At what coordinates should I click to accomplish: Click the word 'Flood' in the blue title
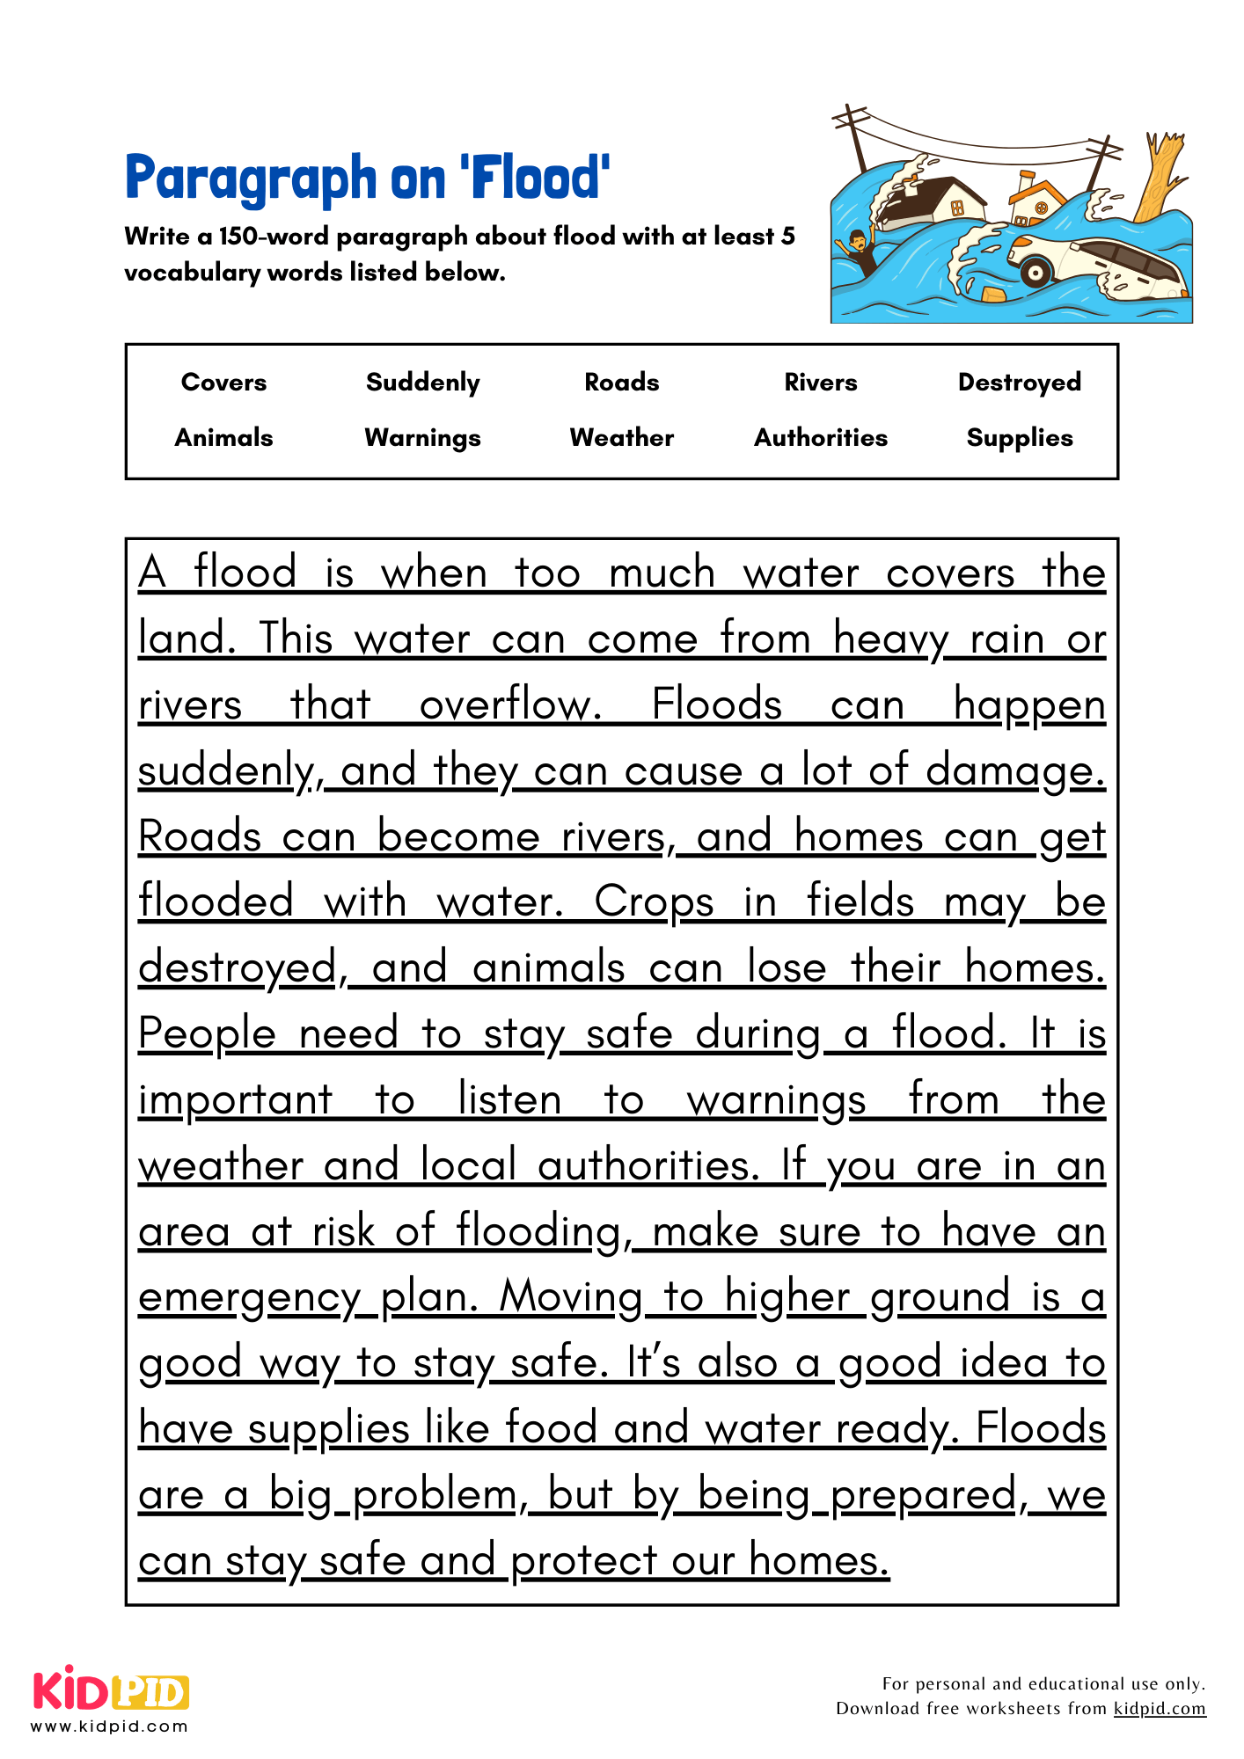537,179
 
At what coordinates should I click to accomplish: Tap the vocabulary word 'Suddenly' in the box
423,383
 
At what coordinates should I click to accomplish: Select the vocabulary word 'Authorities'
821,438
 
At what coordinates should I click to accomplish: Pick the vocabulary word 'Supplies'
1020,438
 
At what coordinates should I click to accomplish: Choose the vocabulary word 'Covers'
223,383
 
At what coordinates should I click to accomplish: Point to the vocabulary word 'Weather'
622,438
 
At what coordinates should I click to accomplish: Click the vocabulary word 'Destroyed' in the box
1020,383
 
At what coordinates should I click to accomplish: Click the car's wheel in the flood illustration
1035,270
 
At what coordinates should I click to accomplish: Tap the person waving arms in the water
857,250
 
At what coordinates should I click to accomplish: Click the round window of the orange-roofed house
1041,208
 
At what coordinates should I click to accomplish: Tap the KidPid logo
111,1692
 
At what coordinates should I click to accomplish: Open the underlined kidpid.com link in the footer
1159,1708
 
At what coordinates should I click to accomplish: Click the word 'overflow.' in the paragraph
510,705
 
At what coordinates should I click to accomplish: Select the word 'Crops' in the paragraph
654,902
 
